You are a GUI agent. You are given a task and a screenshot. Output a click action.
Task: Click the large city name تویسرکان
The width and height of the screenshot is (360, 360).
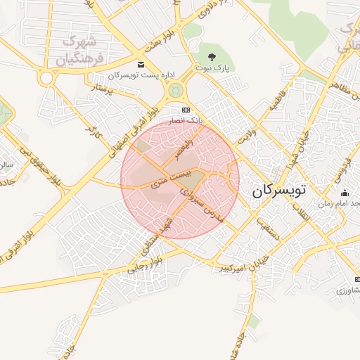click(x=281, y=190)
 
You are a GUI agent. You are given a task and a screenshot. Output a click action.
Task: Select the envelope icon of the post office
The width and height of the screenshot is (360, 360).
click(x=141, y=64)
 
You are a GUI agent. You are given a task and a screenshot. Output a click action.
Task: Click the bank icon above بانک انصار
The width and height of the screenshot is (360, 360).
click(x=186, y=110)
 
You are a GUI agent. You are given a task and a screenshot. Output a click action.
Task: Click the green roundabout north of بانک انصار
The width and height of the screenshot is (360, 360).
click(x=175, y=90)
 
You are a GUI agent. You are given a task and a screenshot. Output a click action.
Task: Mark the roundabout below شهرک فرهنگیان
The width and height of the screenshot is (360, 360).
click(x=47, y=77)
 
